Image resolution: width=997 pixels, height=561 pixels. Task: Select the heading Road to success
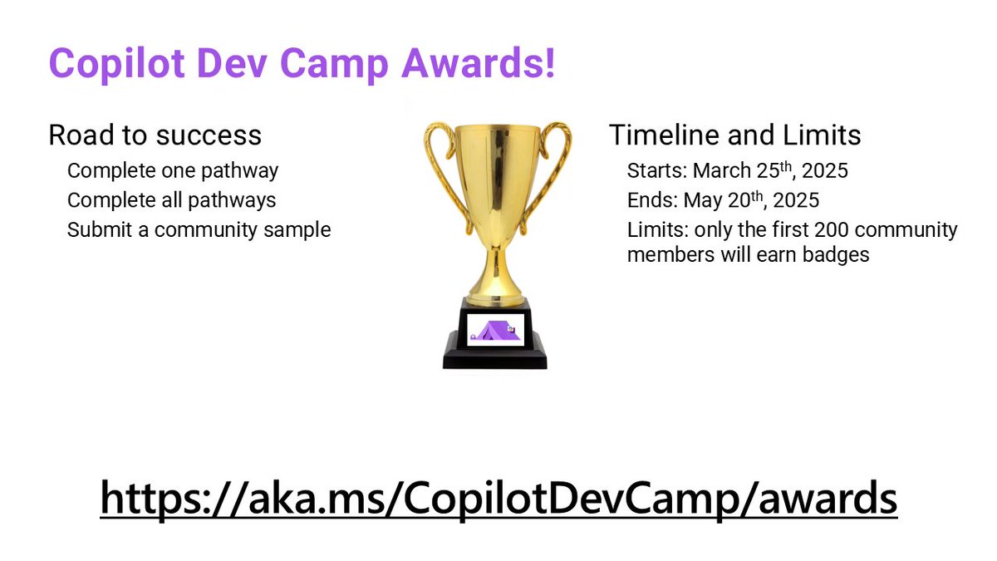pos(155,135)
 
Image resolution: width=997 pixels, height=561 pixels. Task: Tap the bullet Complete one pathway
pos(173,171)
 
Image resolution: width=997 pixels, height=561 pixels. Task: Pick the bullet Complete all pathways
pos(172,200)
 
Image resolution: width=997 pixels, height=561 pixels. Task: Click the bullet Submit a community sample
pos(199,229)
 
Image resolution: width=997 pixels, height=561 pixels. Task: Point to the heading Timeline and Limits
pos(734,135)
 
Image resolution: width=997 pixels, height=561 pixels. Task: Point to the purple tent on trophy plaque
pos(495,331)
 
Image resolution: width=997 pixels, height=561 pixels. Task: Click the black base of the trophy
pos(495,353)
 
